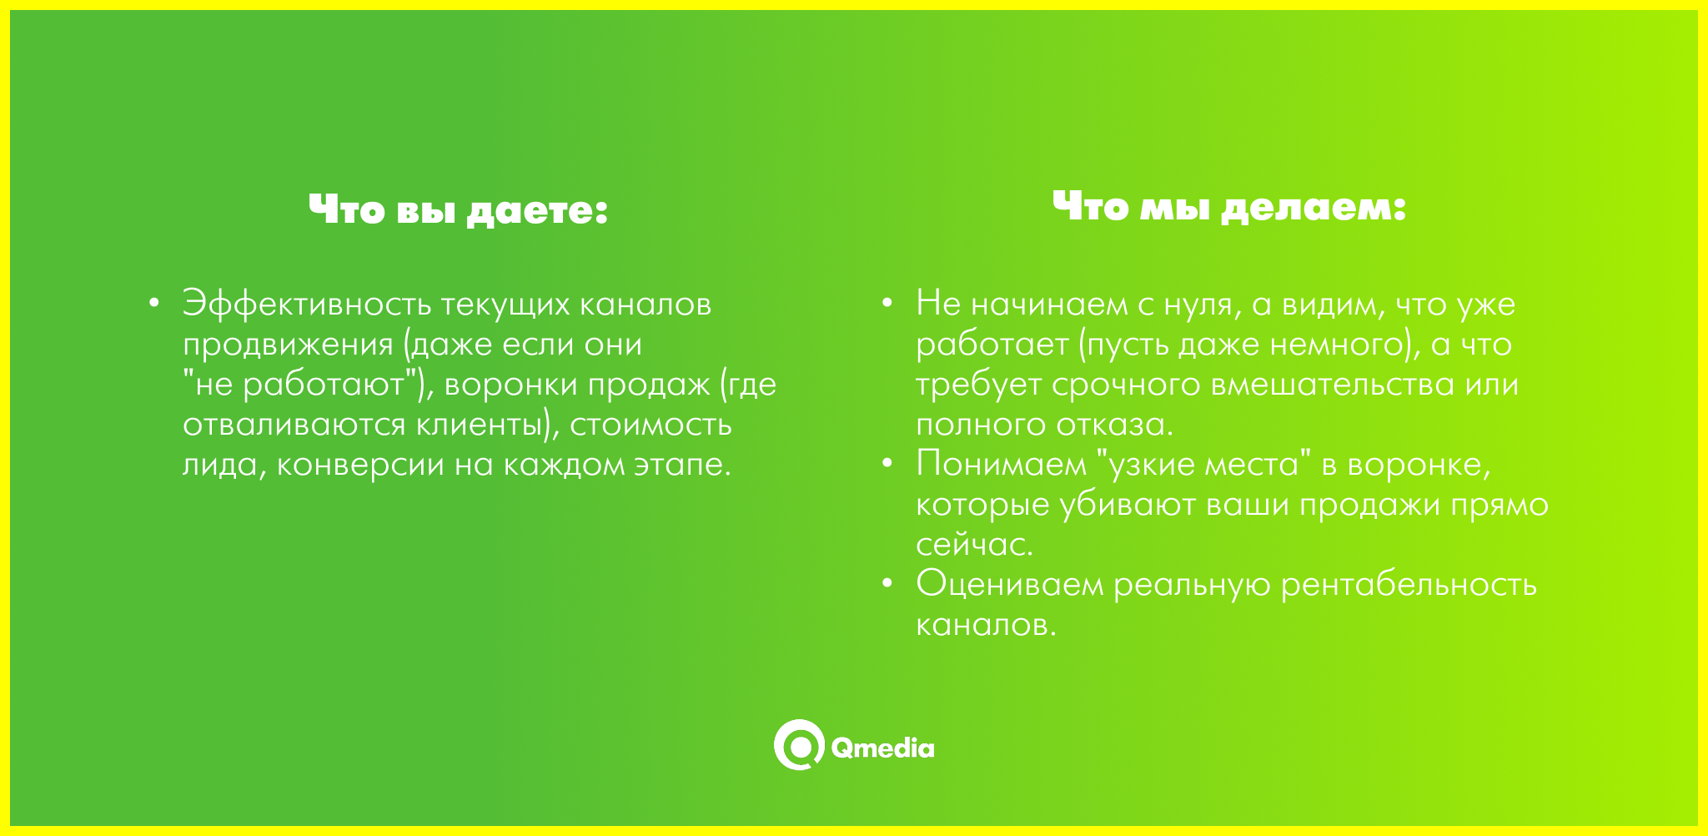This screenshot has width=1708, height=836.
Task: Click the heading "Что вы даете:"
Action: tap(458, 210)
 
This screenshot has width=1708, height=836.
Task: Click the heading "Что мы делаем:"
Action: tap(1229, 207)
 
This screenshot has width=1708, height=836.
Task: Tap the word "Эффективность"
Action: tap(307, 304)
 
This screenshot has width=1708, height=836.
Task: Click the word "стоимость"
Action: tap(651, 425)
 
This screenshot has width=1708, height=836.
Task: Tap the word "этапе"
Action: tap(681, 465)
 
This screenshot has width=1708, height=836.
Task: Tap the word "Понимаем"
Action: tap(1002, 464)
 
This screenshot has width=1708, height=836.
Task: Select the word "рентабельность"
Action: tap(1409, 585)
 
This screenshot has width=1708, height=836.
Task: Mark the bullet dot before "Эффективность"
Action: tap(153, 303)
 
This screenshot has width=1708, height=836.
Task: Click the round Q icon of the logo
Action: tap(799, 744)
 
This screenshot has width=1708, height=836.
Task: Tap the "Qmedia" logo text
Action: tap(882, 748)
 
